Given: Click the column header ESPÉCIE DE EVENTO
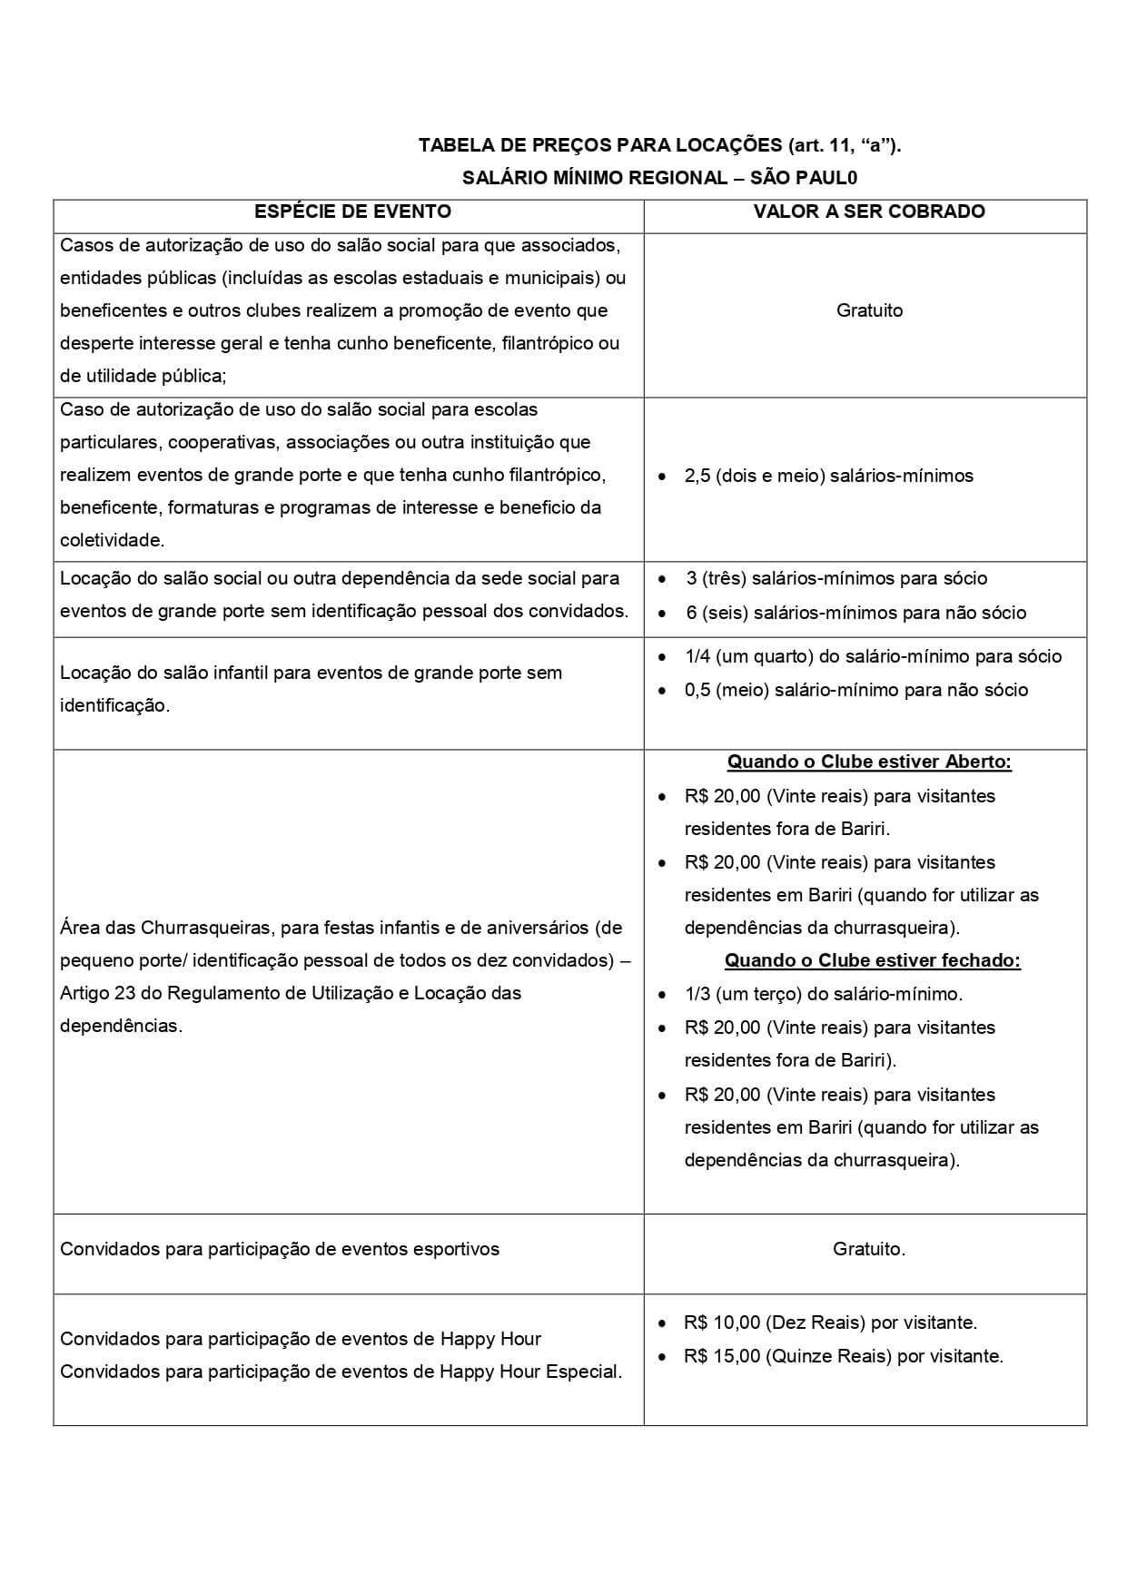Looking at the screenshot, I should (x=352, y=211).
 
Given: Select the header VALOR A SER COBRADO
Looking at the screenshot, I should (x=869, y=211).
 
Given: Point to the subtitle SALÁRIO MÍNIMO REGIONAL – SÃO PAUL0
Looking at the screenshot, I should (x=659, y=178).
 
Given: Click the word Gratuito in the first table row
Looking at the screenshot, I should (x=869, y=310).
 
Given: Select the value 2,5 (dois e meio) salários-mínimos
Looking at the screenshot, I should (x=828, y=476).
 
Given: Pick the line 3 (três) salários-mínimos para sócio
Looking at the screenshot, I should (x=836, y=578).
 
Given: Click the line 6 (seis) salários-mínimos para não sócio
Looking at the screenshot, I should (x=855, y=613).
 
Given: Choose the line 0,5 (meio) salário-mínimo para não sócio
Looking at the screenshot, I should (x=855, y=690).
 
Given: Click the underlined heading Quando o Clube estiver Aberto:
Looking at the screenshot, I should (x=869, y=762).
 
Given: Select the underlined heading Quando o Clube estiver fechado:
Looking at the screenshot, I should (x=872, y=960).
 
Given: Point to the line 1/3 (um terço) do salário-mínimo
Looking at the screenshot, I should (x=823, y=994).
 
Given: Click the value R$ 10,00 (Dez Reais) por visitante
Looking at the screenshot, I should (x=830, y=1323).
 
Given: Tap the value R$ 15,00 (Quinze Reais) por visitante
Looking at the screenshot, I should (x=844, y=1356).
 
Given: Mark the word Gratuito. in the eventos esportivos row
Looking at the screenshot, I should (x=869, y=1249).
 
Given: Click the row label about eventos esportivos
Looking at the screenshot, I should (x=280, y=1249).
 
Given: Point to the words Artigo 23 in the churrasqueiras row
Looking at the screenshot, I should (x=97, y=993).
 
